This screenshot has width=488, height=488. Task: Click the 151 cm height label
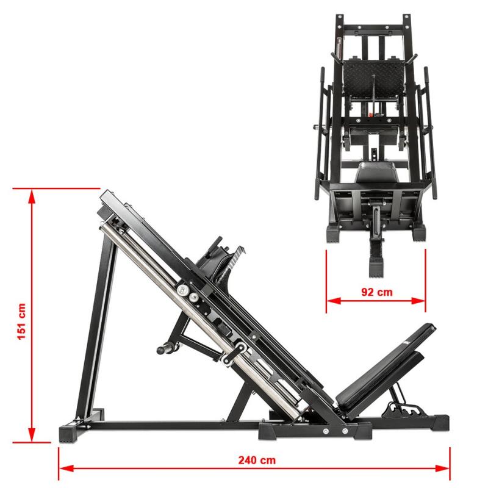(x=22, y=321)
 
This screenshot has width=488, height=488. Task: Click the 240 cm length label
(x=257, y=460)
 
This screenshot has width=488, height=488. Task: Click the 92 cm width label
(x=377, y=292)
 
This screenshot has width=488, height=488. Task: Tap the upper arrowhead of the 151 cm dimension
(x=32, y=196)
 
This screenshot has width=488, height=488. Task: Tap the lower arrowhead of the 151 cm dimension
(x=32, y=434)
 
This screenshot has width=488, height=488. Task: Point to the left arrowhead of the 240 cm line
(x=66, y=468)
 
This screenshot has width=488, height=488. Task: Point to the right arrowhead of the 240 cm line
(x=442, y=468)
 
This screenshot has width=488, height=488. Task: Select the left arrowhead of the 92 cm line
(x=334, y=301)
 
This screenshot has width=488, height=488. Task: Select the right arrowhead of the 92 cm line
(x=418, y=301)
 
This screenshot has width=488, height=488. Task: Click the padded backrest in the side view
(x=386, y=367)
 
